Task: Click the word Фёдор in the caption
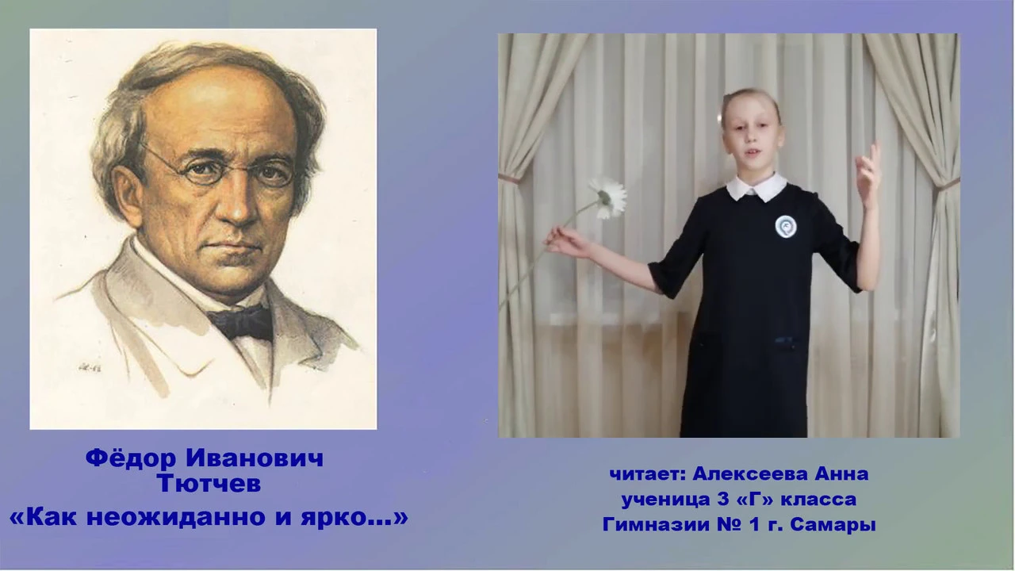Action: (x=131, y=458)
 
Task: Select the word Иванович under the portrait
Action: (x=255, y=458)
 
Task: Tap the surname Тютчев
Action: (x=209, y=484)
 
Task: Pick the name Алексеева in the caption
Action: (x=750, y=474)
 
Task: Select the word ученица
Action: (x=659, y=500)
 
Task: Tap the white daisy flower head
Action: (x=607, y=198)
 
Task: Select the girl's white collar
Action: (x=756, y=188)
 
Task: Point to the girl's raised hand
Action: (x=868, y=174)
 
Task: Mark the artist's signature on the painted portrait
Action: (x=89, y=367)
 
